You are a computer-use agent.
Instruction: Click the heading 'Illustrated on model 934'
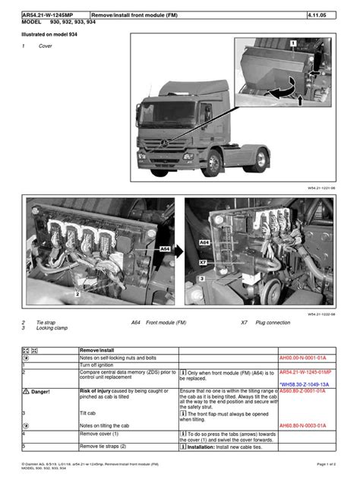pos(52,35)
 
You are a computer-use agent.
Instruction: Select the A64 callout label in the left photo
pos(165,248)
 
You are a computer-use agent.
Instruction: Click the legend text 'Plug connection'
pos(273,322)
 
